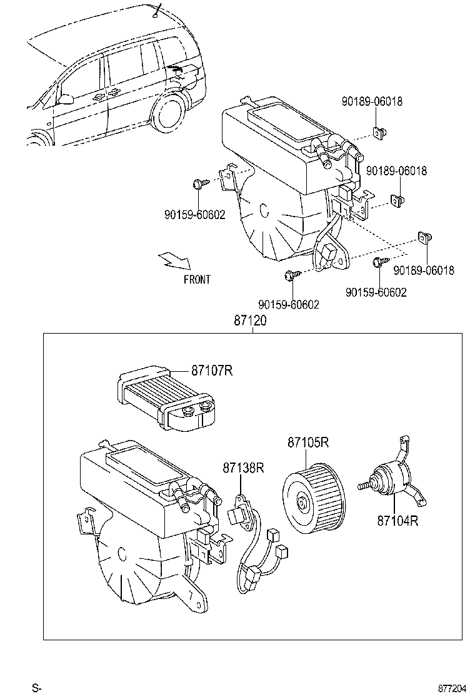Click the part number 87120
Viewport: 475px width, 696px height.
coord(251,321)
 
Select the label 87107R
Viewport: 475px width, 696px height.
coord(212,371)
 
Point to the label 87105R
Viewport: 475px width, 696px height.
coord(308,443)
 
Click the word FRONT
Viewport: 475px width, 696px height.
coord(197,280)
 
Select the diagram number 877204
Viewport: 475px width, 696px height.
coord(451,688)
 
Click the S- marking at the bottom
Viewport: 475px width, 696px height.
coord(37,688)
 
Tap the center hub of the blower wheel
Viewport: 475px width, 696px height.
coord(302,502)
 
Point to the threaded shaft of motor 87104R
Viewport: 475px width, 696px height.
coord(365,486)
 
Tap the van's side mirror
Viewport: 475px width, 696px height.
coord(65,98)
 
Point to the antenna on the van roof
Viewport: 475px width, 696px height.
coord(157,9)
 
